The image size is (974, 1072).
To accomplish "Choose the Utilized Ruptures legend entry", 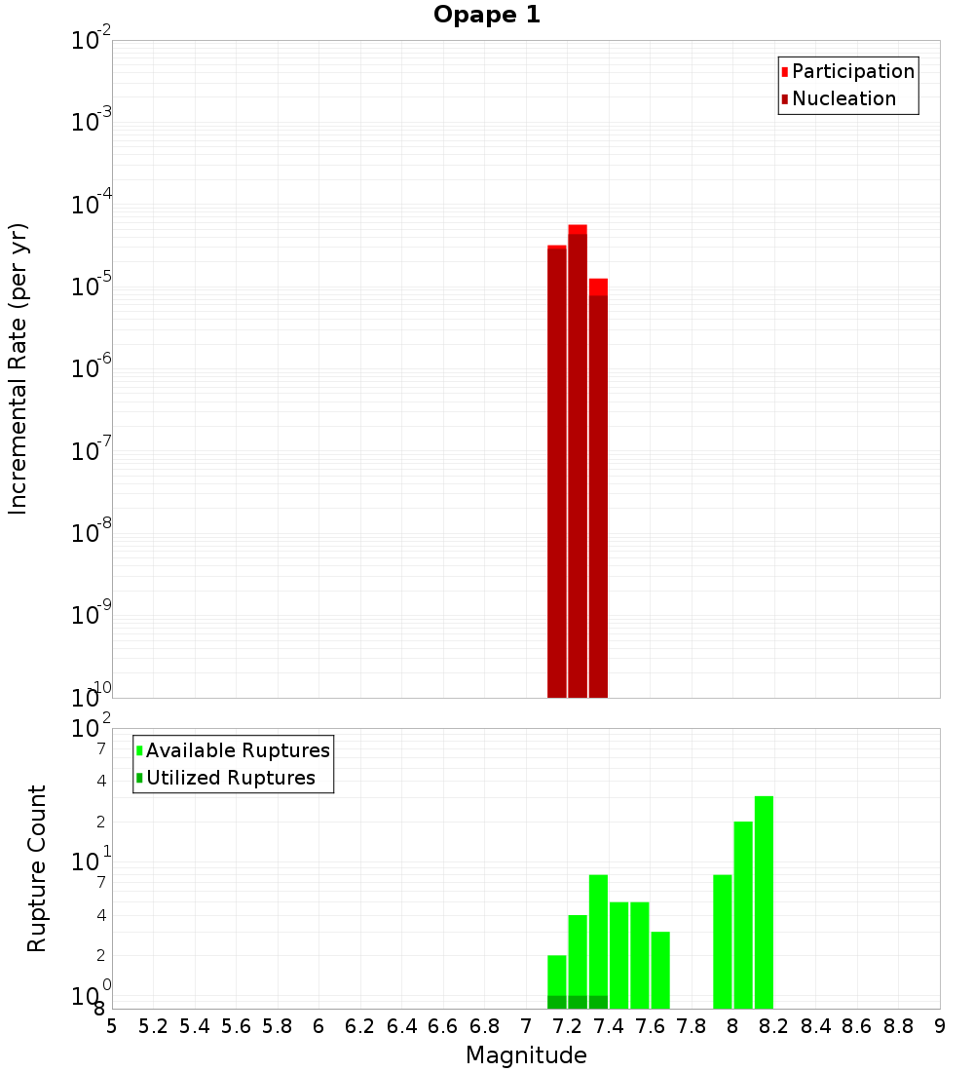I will click(230, 778).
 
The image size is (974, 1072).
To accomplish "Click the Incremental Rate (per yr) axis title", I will click(19, 368).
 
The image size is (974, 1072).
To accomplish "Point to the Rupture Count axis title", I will click(37, 868).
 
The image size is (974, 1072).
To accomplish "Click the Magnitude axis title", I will click(526, 1055).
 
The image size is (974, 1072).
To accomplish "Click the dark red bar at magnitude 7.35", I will click(598, 497).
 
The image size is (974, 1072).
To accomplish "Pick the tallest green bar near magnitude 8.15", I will click(764, 902).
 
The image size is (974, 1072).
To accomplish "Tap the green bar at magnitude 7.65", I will click(660, 970).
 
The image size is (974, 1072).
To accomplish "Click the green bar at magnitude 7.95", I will click(723, 941).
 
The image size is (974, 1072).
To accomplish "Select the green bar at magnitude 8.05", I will click(743, 915).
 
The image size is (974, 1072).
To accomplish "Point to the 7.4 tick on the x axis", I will click(609, 1026).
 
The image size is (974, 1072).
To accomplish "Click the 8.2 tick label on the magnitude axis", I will click(774, 1026).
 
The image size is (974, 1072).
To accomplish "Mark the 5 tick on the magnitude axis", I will click(112, 1026).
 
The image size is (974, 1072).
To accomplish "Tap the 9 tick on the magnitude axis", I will click(940, 1026).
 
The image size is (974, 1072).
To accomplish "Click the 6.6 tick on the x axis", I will click(443, 1026).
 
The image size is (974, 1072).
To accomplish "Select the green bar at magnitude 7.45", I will click(619, 955).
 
